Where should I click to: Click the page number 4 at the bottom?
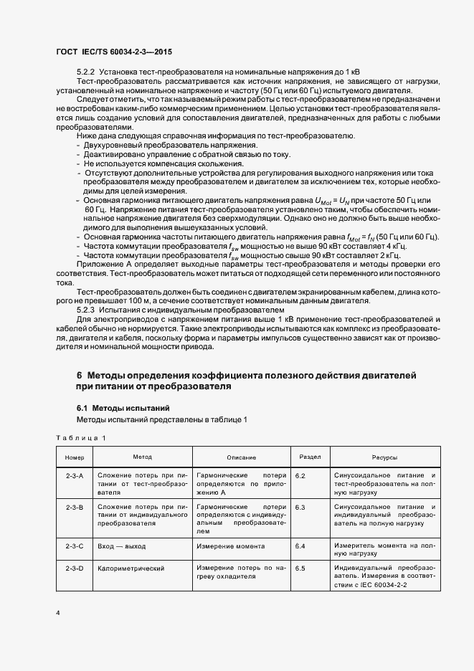(58, 612)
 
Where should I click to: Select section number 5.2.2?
(86, 73)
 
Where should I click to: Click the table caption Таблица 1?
(80, 437)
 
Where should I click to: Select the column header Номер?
(75, 457)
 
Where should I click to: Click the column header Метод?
(142, 457)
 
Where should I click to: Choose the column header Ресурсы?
(385, 457)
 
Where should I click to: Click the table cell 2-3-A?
(75, 476)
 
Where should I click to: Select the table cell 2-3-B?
(75, 508)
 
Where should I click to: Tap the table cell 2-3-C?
(75, 546)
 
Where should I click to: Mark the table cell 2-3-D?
(75, 568)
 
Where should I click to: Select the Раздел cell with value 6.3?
(300, 508)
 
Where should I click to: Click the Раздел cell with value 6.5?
(300, 568)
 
